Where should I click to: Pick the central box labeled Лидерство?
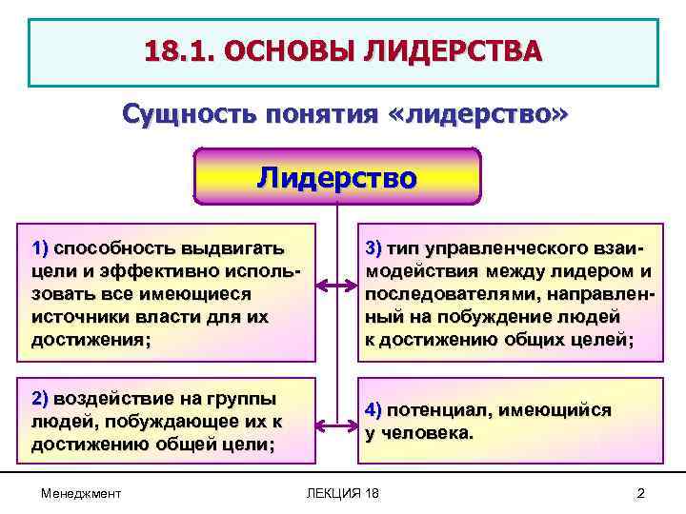(337, 177)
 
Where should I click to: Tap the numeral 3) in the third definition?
(373, 250)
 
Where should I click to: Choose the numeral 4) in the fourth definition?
(373, 411)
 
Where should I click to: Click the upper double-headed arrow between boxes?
(337, 285)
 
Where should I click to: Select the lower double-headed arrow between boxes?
(337, 425)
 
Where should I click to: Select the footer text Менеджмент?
(81, 492)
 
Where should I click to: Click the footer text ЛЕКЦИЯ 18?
(342, 492)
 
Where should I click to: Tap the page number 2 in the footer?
(640, 492)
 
